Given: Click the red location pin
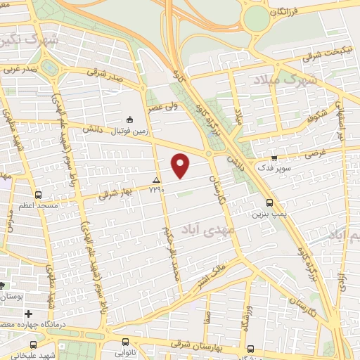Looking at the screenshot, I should [x=181, y=165].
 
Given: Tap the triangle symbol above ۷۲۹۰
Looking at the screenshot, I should [x=156, y=180].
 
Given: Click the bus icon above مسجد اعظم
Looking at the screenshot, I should [x=37, y=195].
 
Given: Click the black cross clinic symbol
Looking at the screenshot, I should [x=29, y=314].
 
